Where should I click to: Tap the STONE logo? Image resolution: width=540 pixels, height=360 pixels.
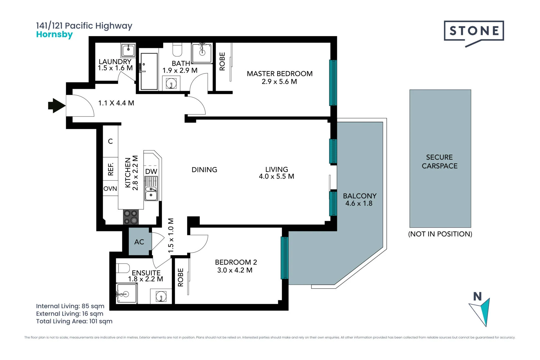(x=474, y=31)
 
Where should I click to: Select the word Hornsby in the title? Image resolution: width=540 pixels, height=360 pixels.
(x=54, y=35)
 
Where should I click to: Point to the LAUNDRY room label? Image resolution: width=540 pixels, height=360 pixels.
(x=115, y=62)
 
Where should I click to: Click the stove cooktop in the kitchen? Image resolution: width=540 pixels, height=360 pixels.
(x=131, y=217)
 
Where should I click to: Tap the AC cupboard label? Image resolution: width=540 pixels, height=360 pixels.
(x=139, y=242)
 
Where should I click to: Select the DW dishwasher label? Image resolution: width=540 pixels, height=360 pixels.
(x=151, y=171)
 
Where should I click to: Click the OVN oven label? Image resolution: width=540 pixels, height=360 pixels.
(x=110, y=189)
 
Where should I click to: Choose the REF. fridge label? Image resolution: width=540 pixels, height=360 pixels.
(x=111, y=169)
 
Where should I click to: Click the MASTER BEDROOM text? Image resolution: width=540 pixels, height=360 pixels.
(x=280, y=74)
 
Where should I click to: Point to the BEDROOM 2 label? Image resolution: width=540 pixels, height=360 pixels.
(x=236, y=262)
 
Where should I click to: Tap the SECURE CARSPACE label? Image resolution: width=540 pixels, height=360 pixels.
(x=440, y=161)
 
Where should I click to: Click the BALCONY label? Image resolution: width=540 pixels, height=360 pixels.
(x=359, y=196)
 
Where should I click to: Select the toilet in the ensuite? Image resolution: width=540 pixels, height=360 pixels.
(x=123, y=268)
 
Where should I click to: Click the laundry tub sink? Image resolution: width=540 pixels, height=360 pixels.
(x=128, y=50)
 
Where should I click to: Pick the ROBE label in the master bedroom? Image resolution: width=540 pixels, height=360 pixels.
(x=222, y=61)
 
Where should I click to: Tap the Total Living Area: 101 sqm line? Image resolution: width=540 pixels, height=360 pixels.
(x=74, y=321)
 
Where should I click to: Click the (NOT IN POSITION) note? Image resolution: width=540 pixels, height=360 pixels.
(x=440, y=234)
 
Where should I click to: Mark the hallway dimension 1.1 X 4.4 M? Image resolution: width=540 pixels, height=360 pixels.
(x=116, y=103)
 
